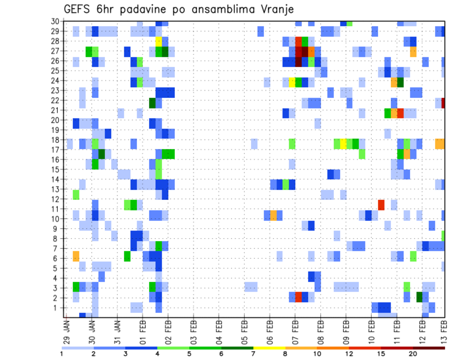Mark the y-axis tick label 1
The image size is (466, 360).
pos(57,308)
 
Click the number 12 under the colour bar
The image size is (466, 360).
pos(349,354)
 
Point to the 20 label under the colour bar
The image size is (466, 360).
pos(412,354)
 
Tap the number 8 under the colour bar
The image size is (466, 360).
pos(285,354)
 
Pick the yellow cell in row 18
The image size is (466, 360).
pos(343,144)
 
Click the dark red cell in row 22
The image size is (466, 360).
pos(443,103)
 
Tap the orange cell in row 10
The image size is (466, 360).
pos(273,215)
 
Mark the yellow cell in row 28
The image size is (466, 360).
pos(159,41)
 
